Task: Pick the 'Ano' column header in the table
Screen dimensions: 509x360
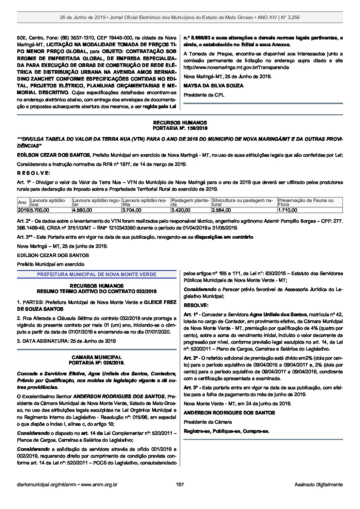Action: (x=22, y=202)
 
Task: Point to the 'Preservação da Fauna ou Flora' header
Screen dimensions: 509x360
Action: (x=306, y=202)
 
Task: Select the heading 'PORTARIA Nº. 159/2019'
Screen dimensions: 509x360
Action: (x=180, y=128)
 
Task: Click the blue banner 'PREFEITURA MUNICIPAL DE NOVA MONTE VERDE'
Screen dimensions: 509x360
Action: (x=97, y=274)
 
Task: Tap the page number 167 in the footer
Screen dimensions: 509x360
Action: (x=180, y=485)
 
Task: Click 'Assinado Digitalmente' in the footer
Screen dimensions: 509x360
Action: (x=318, y=485)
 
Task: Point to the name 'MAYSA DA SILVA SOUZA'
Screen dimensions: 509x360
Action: (x=213, y=86)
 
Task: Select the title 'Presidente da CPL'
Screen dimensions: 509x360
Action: (x=204, y=95)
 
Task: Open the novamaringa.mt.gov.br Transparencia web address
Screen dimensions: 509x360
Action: (x=236, y=67)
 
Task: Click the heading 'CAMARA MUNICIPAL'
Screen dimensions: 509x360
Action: (x=97, y=357)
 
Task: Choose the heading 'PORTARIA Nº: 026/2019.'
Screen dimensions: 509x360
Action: (x=97, y=363)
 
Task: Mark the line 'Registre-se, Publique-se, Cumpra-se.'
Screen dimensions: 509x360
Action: (x=226, y=431)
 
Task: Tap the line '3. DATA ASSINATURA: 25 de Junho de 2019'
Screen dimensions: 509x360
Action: (x=66, y=341)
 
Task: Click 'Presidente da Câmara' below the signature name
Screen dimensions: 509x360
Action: (x=208, y=422)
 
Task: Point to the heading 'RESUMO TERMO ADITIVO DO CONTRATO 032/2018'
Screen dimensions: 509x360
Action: (x=97, y=291)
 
